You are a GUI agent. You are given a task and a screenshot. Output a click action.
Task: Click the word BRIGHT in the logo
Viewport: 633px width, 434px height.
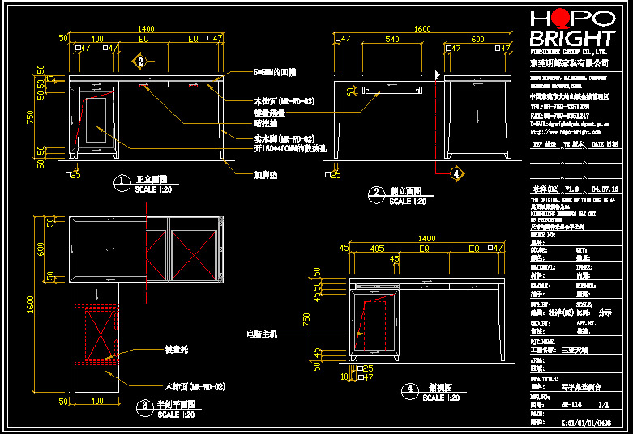[x=571, y=38]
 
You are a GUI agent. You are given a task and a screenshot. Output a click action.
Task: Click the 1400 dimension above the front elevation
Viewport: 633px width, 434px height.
[x=143, y=28]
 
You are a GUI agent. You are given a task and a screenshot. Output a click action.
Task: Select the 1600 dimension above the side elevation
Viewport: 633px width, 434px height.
[x=421, y=28]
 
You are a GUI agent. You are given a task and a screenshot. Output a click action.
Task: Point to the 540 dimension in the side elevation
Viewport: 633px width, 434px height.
[x=391, y=38]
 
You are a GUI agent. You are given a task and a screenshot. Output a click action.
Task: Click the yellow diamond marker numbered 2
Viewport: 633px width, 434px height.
[x=139, y=61]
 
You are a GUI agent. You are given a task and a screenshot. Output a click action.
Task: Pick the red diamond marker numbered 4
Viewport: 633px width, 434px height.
[x=456, y=173]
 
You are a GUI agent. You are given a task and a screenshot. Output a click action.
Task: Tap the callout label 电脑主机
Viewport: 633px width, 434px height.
[x=262, y=333]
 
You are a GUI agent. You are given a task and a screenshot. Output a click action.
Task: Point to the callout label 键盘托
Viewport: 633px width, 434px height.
[x=177, y=351]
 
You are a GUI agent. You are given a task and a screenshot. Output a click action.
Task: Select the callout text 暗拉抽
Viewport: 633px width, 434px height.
[x=265, y=124]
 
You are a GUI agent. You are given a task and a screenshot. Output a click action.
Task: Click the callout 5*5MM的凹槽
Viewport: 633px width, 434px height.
[x=279, y=72]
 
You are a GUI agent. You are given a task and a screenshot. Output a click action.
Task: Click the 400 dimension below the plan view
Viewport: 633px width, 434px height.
[x=96, y=401]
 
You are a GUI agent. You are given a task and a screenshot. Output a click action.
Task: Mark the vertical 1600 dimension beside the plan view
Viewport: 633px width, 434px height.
[x=30, y=304]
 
